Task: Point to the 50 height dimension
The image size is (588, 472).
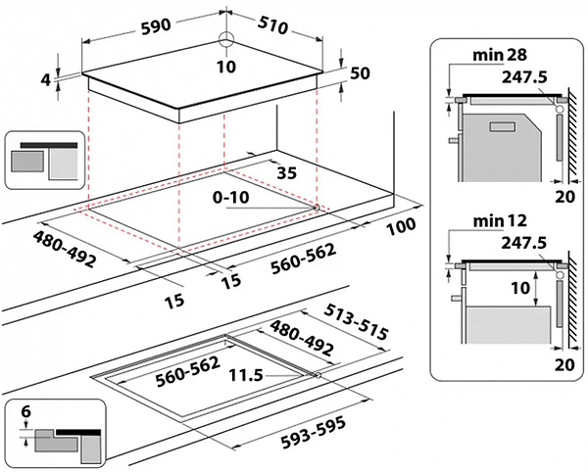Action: pos(361,73)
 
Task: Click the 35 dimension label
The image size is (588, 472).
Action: pos(287,173)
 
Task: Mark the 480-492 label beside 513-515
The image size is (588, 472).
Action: pos(304,338)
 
